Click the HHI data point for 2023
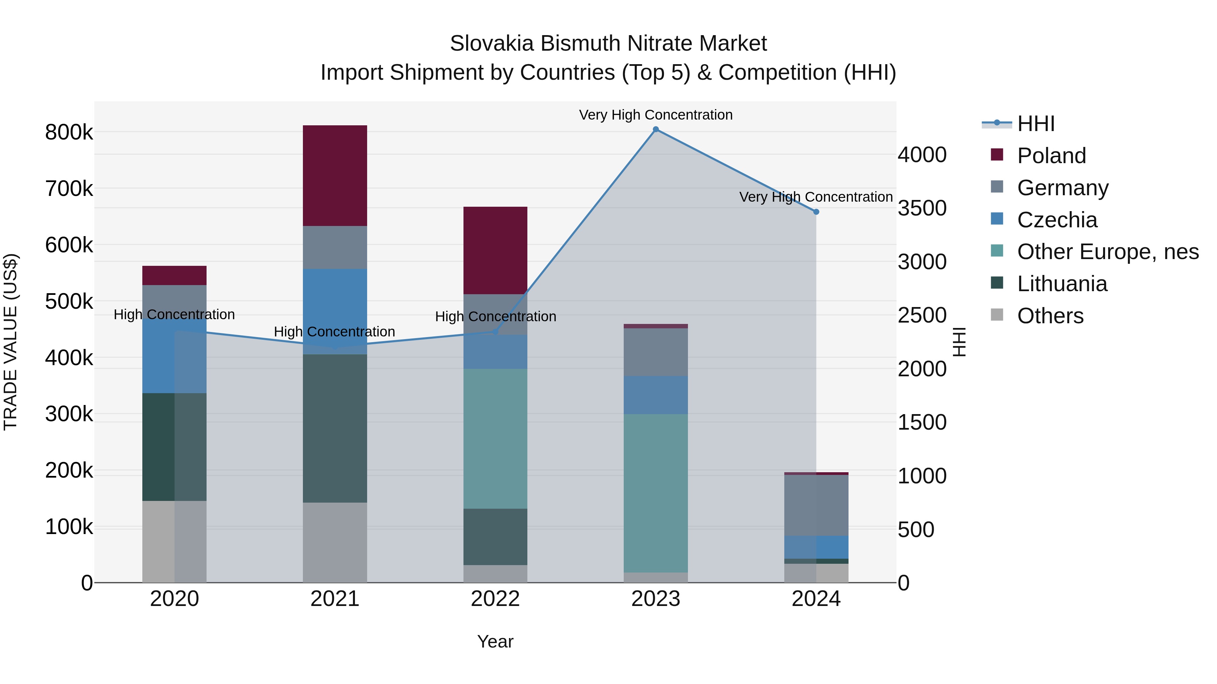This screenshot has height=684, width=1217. (656, 129)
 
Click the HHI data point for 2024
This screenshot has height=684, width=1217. (816, 212)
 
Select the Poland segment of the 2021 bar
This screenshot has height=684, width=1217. (335, 176)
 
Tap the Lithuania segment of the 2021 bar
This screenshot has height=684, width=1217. (335, 428)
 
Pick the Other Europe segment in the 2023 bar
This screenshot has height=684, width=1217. (656, 493)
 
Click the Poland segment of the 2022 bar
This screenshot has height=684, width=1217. (495, 250)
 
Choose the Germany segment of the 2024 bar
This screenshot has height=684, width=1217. (816, 505)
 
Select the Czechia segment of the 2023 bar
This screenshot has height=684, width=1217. (656, 395)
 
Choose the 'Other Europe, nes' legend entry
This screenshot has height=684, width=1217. (1107, 252)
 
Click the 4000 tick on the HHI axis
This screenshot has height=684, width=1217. (922, 155)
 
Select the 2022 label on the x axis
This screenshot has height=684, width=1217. (495, 599)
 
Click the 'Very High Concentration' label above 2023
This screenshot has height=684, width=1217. (656, 115)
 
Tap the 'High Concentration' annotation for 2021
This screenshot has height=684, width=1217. (334, 332)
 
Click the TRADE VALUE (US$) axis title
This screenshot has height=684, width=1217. (10, 342)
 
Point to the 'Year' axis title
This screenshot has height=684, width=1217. (495, 641)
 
